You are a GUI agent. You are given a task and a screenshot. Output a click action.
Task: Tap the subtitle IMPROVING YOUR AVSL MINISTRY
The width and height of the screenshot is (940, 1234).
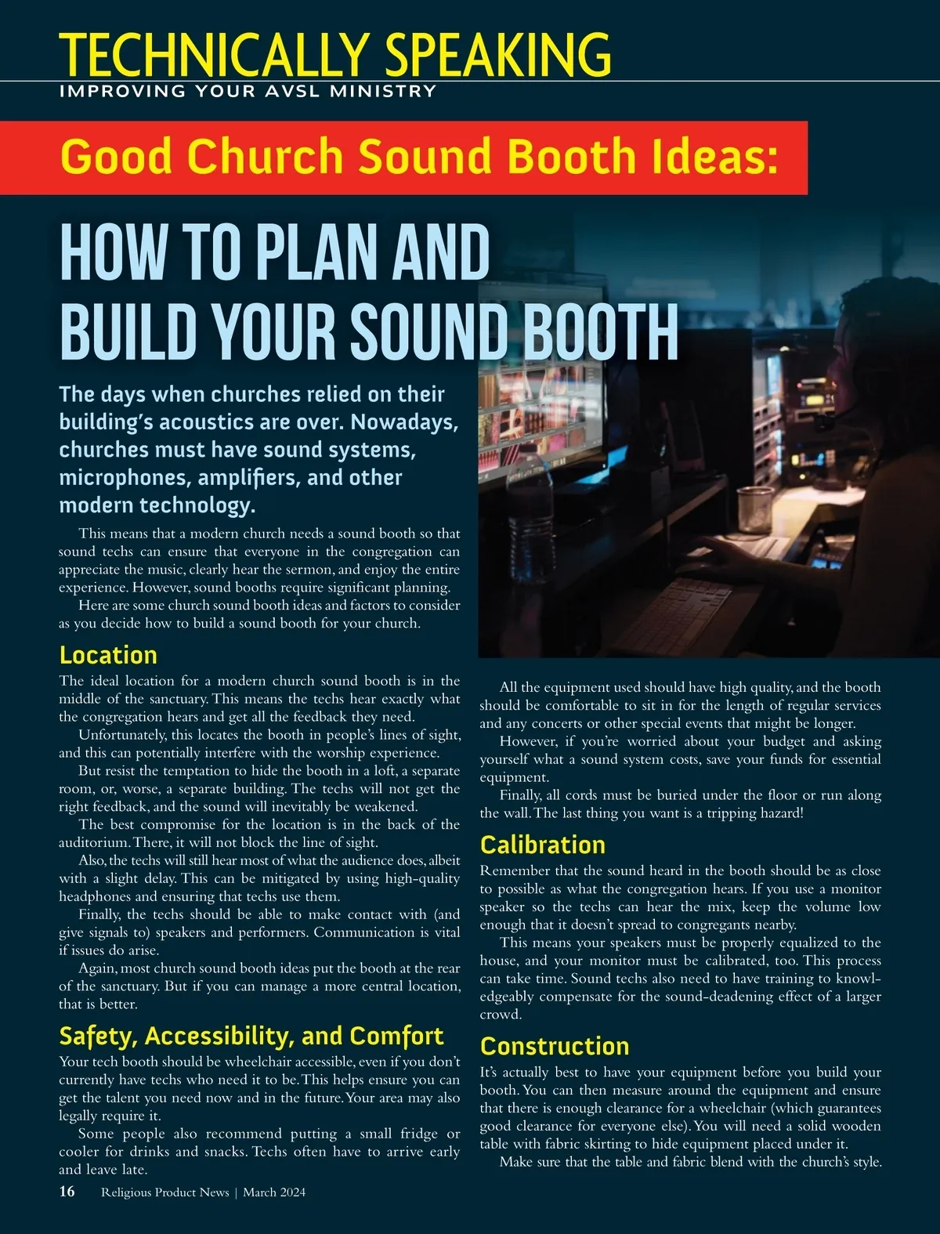(x=247, y=91)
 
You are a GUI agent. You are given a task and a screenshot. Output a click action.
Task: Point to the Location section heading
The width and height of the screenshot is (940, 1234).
(x=108, y=655)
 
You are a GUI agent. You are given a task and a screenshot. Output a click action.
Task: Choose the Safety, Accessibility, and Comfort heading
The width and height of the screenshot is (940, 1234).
(x=251, y=1036)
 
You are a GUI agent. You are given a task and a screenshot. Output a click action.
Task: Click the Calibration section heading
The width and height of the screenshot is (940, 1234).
(x=542, y=845)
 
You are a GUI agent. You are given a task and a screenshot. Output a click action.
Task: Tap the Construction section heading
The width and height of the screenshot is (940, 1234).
(x=555, y=1046)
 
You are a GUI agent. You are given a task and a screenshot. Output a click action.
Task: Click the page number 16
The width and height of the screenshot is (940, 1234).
(x=67, y=1192)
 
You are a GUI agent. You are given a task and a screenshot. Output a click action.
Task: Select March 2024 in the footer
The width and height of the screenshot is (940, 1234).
(x=274, y=1192)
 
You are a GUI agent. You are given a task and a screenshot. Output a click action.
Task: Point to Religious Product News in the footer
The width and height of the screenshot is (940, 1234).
(x=165, y=1192)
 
